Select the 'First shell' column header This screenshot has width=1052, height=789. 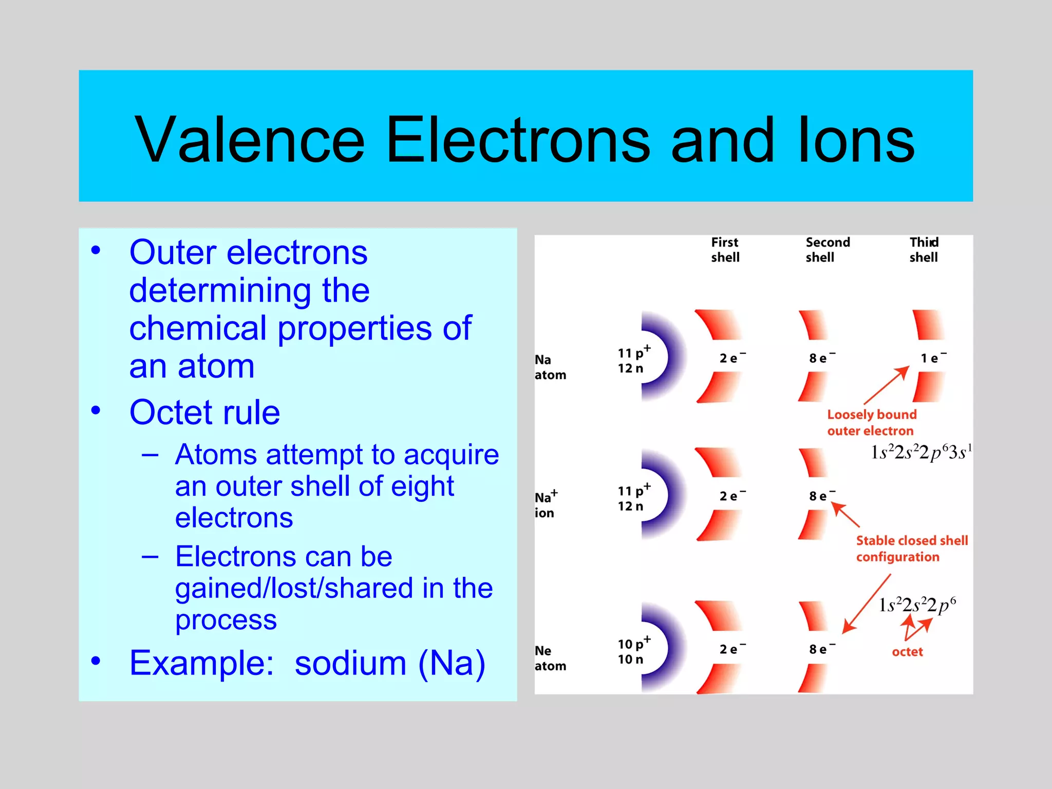(x=725, y=250)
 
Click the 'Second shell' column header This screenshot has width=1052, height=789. (x=827, y=250)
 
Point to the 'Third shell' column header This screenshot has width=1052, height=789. (x=924, y=250)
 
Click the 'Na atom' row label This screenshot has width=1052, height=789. (x=550, y=367)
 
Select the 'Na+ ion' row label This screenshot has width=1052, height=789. (x=546, y=504)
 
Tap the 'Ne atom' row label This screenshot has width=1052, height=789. (x=550, y=658)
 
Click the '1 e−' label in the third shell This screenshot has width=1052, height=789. (x=933, y=358)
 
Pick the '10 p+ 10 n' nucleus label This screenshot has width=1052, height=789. (x=633, y=651)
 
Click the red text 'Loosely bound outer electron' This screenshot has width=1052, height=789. (x=871, y=422)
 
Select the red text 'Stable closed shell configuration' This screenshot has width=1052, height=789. (x=911, y=549)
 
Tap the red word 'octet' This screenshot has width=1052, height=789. (x=907, y=652)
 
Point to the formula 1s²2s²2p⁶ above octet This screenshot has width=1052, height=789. (x=917, y=605)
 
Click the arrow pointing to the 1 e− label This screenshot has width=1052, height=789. (x=887, y=385)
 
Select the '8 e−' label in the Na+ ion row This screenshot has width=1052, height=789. (x=821, y=496)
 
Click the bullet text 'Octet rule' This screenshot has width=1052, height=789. (x=204, y=412)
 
